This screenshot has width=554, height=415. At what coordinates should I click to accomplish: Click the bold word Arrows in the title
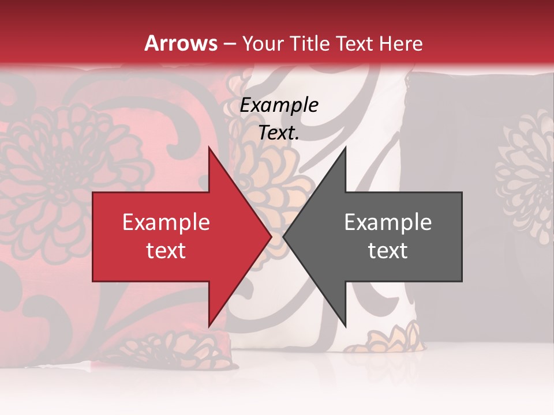pyautogui.click(x=181, y=43)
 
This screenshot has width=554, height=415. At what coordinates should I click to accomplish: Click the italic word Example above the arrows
pyautogui.click(x=279, y=105)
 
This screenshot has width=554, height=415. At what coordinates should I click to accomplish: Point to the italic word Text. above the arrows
pyautogui.click(x=279, y=133)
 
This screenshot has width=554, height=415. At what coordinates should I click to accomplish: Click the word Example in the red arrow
pyautogui.click(x=166, y=222)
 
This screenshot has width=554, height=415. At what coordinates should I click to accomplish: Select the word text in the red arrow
pyautogui.click(x=166, y=250)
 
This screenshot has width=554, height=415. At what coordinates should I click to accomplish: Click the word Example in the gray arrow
pyautogui.click(x=388, y=222)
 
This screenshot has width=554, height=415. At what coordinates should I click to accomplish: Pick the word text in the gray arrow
pyautogui.click(x=388, y=250)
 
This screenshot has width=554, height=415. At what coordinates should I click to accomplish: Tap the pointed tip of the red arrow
pyautogui.click(x=271, y=237)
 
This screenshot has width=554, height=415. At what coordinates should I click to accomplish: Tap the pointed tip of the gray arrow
pyautogui.click(x=283, y=237)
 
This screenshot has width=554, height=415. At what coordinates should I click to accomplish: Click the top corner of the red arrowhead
pyautogui.click(x=209, y=148)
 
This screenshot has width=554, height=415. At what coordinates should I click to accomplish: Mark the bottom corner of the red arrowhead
pyautogui.click(x=209, y=327)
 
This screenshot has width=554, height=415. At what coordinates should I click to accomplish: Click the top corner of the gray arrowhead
pyautogui.click(x=346, y=148)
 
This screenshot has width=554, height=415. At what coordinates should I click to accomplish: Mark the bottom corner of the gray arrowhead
pyautogui.click(x=346, y=327)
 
